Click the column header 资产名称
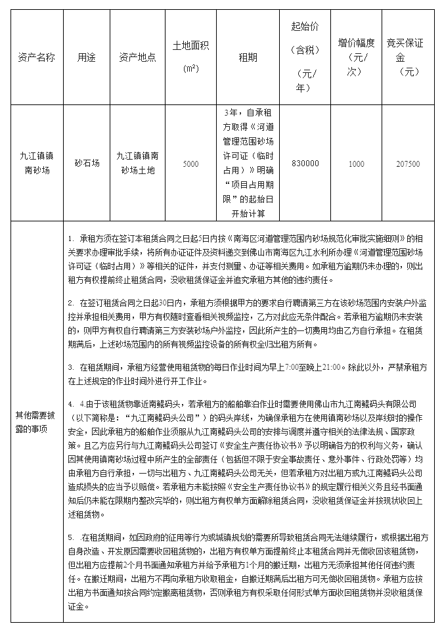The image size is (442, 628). pyautogui.click(x=37, y=57)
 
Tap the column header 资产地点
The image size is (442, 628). pyautogui.click(x=137, y=57)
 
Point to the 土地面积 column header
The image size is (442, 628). pyautogui.click(x=190, y=56)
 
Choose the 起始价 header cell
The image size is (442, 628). pyautogui.click(x=305, y=56)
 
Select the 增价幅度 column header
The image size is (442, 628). pyautogui.click(x=356, y=56)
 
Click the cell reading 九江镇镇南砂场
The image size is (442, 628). pyautogui.click(x=37, y=164)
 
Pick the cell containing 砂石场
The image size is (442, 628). pyautogui.click(x=87, y=164)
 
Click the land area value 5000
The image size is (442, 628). pyautogui.click(x=190, y=164)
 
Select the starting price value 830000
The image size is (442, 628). pyautogui.click(x=305, y=164)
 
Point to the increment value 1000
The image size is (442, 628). pyautogui.click(x=356, y=164)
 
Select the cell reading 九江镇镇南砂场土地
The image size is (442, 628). pyautogui.click(x=137, y=164)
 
